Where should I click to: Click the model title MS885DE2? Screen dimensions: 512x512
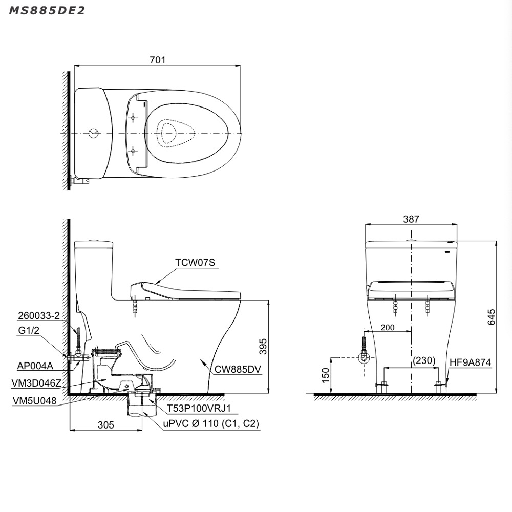click(47, 10)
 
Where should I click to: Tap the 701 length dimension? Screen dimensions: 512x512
click(157, 60)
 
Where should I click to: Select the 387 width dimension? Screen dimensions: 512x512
click(411, 219)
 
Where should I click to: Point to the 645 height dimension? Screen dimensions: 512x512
click(491, 317)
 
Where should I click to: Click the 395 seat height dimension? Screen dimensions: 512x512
click(263, 347)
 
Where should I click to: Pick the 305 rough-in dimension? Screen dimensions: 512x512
click(106, 425)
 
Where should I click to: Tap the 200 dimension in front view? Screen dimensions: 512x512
click(388, 327)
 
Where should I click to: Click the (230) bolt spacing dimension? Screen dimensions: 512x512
click(424, 360)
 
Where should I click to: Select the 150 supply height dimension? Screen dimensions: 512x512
click(326, 375)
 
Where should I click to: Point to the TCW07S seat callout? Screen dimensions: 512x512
click(195, 263)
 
